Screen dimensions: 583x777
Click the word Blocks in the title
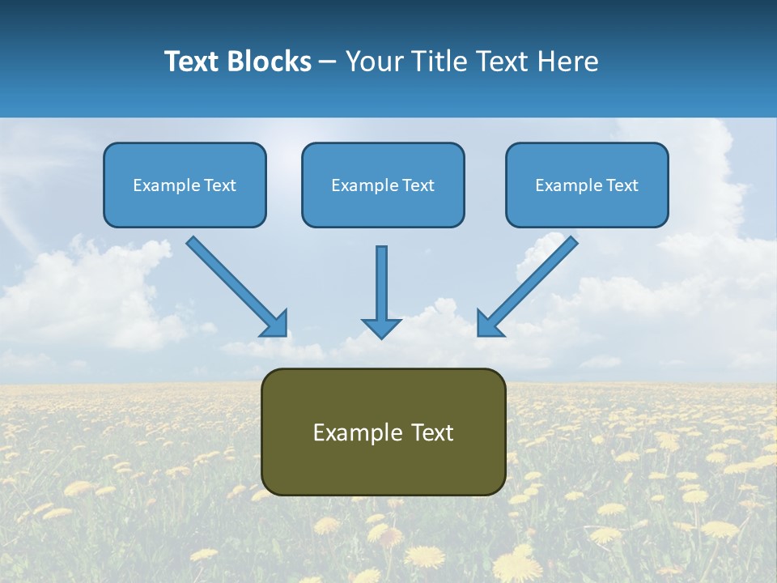point(270,62)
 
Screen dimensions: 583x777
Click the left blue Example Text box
point(185,185)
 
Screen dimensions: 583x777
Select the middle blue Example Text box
point(383,185)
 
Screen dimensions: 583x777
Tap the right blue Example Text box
point(587,185)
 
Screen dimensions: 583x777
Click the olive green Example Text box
point(383,432)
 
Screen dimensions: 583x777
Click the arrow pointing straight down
point(381,287)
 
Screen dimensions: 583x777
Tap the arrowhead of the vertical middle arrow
point(381,327)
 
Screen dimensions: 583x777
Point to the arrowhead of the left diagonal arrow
point(275,324)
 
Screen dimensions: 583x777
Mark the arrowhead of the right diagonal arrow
point(488,324)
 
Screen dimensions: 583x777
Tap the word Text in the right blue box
point(622,185)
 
